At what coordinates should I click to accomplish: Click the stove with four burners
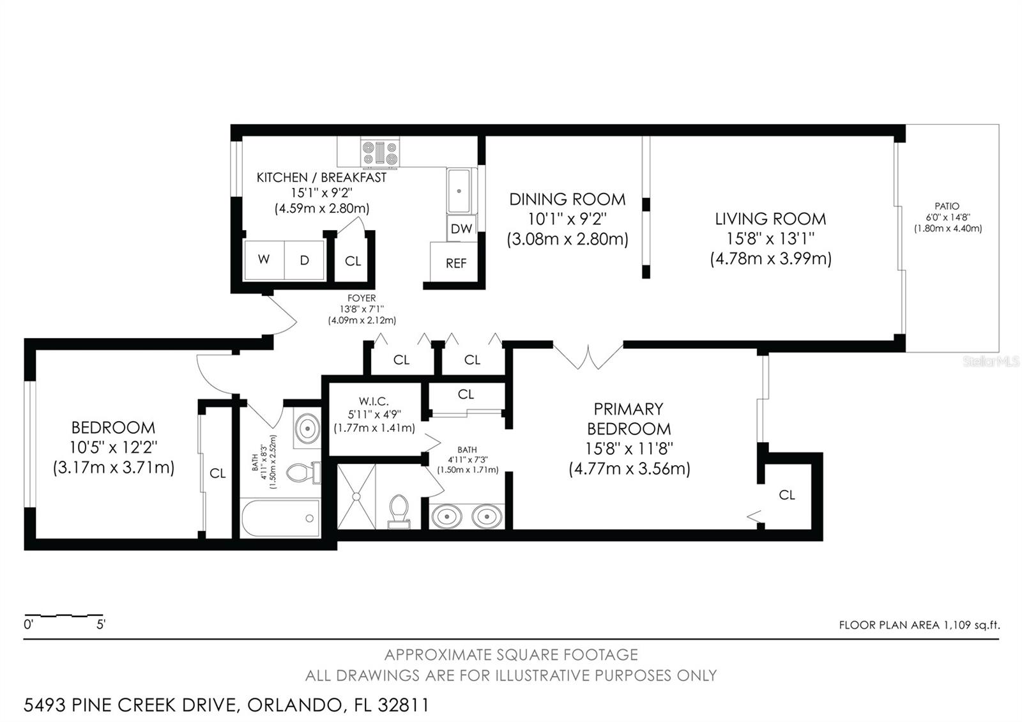(x=380, y=153)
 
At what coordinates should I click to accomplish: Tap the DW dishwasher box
(x=461, y=228)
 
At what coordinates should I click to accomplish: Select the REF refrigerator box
(x=455, y=263)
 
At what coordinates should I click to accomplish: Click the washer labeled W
(x=264, y=259)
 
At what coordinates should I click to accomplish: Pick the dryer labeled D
(x=305, y=259)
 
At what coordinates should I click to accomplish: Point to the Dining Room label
(x=567, y=199)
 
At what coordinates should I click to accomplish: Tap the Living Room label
(x=770, y=219)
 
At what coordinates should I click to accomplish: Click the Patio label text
(x=947, y=206)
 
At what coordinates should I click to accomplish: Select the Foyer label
(x=362, y=298)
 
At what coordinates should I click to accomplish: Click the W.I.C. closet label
(x=374, y=401)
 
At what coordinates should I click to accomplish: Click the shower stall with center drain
(x=356, y=496)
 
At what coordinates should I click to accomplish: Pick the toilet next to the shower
(x=399, y=511)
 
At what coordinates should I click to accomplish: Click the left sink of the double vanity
(x=445, y=515)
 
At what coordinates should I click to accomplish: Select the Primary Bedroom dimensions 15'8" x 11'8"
(x=629, y=449)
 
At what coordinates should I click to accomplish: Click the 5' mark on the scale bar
(x=100, y=624)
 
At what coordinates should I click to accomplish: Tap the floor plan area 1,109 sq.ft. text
(x=919, y=625)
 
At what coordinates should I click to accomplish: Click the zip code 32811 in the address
(x=403, y=705)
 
